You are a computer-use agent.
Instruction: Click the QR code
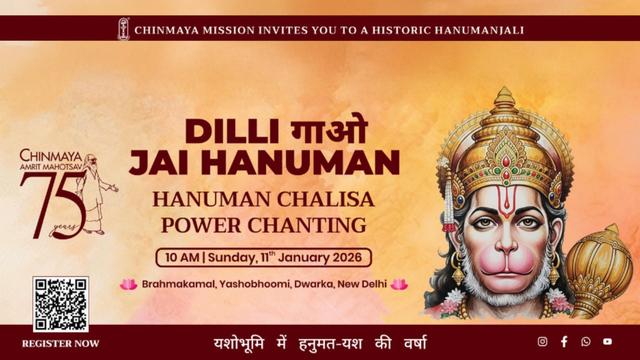60,304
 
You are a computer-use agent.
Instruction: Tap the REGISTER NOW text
60,343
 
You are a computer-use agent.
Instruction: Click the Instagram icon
543,342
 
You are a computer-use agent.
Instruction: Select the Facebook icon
564,342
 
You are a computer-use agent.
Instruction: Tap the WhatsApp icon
586,342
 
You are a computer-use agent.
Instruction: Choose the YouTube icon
607,342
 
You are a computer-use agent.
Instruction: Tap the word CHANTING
311,223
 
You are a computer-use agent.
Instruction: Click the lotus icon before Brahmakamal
128,285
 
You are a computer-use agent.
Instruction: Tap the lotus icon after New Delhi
399,285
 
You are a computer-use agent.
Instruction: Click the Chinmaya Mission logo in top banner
123,29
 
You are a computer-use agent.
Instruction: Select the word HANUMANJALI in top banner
469,29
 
